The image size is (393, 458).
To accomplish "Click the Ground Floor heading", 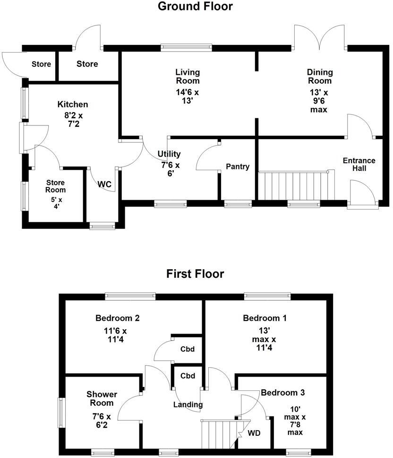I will pos(195,7).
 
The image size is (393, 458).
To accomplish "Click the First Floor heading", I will pos(195,273).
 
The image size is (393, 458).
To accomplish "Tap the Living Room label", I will pos(188,77).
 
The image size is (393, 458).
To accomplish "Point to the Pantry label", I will pos(238,167).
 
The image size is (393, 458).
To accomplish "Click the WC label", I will pos(104,185).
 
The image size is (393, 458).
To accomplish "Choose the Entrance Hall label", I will pos(359,165).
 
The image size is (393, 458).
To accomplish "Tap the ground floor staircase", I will pos(295,185).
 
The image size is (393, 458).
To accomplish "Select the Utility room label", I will pos(169,154).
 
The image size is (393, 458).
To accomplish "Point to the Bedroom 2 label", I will pos(117,318).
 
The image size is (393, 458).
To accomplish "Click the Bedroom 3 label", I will pos(283,392).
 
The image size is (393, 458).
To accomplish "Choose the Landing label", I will pos(188,405).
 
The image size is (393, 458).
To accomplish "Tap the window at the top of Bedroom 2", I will pos(130,296).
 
